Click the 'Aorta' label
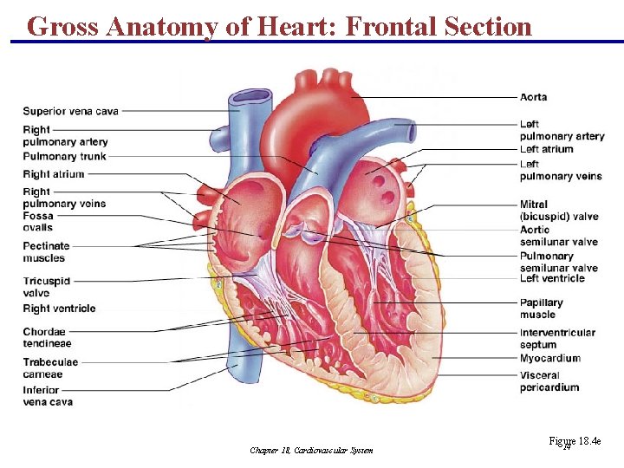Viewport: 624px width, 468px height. point(534,97)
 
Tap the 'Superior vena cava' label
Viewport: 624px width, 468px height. point(71,111)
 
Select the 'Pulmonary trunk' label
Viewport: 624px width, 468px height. point(65,157)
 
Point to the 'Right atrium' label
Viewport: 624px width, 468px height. point(54,174)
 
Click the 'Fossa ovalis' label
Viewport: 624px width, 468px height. point(38,222)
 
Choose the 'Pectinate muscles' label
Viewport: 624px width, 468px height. point(46,252)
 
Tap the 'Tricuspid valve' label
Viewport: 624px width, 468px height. point(47,287)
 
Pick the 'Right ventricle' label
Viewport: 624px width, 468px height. point(60,309)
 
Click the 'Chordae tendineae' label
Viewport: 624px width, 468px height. point(48,338)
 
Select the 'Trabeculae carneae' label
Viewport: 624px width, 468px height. point(50,368)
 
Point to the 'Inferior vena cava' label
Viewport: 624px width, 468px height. point(48,396)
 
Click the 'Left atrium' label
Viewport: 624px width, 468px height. point(547,149)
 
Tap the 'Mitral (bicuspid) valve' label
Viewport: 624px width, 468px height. point(559,211)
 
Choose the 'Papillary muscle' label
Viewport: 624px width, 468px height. point(542,309)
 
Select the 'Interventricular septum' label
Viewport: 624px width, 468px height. point(557,338)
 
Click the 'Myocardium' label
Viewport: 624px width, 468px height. point(550,358)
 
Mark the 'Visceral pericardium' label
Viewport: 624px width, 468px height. point(549,381)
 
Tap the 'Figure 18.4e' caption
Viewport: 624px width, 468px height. point(575,442)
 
